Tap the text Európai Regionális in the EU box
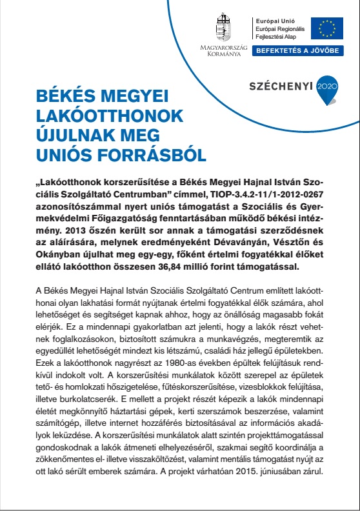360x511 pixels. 283,30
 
